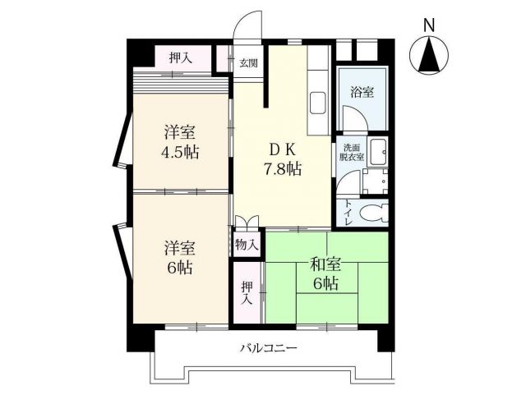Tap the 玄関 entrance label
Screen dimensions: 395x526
[249, 62]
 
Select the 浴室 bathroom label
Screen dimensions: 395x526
[362, 92]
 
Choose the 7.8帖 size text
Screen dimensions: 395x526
[281, 170]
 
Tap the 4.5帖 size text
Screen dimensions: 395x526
[180, 152]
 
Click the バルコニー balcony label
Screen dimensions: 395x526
[268, 348]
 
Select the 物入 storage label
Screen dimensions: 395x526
[247, 244]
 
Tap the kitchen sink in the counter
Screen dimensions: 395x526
[318, 105]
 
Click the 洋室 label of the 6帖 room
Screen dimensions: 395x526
[180, 246]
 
